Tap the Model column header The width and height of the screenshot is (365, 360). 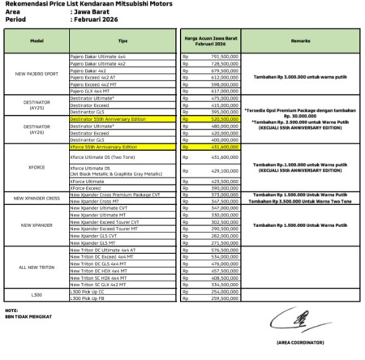click(x=36, y=40)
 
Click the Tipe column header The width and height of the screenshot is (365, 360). click(x=122, y=40)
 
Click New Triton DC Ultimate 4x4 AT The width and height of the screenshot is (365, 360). click(x=103, y=251)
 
